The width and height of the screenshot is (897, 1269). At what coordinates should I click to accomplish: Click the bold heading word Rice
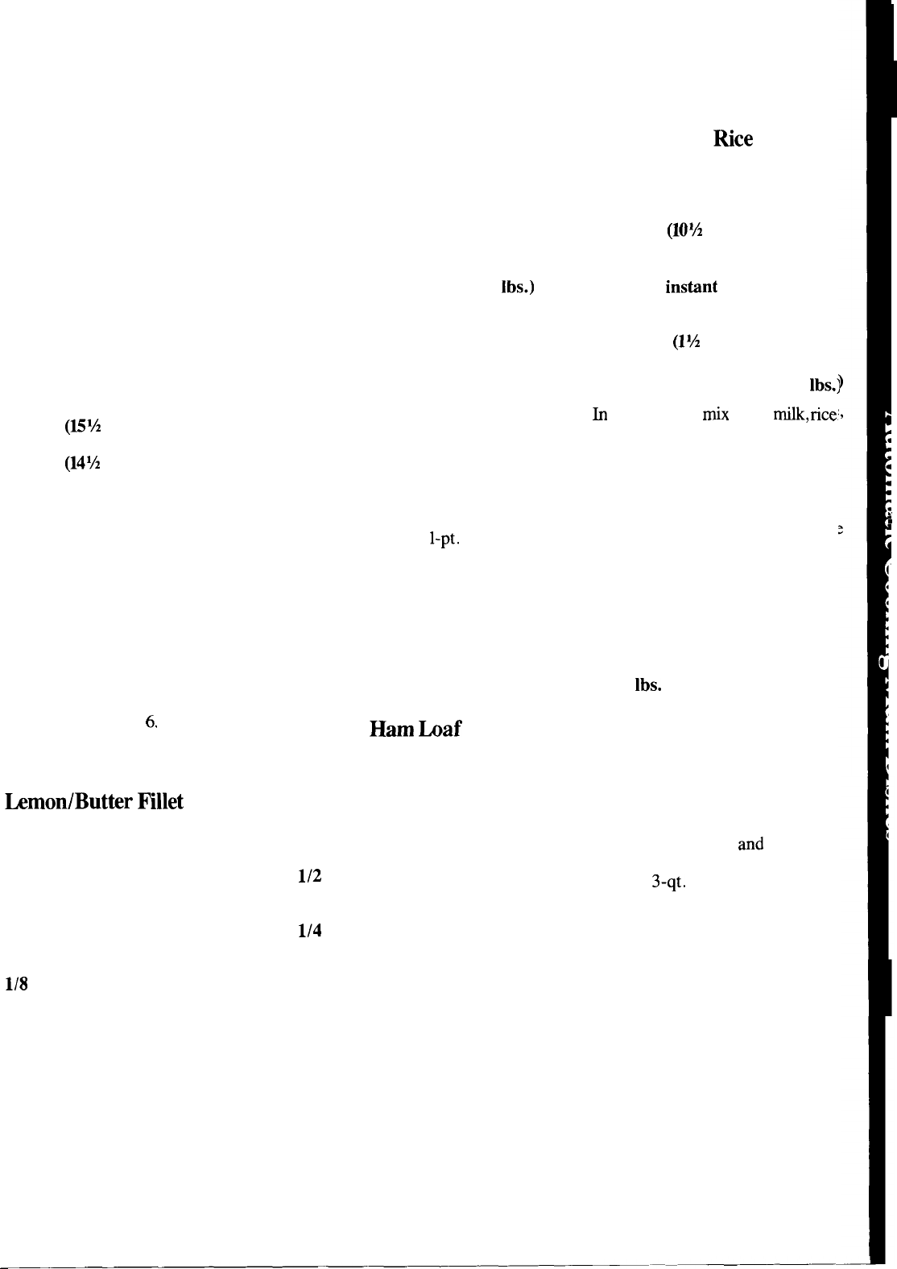click(733, 139)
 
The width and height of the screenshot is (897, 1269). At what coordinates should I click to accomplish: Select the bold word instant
click(691, 287)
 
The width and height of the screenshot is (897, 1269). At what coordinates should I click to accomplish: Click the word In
click(599, 415)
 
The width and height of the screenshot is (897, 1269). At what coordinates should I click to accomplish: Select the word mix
click(715, 415)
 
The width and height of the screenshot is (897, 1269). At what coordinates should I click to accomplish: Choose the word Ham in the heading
click(390, 730)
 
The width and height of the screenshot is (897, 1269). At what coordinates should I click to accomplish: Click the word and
click(750, 845)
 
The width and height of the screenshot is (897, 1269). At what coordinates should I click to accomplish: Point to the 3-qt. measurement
click(668, 883)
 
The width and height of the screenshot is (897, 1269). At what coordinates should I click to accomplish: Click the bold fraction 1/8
click(18, 984)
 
